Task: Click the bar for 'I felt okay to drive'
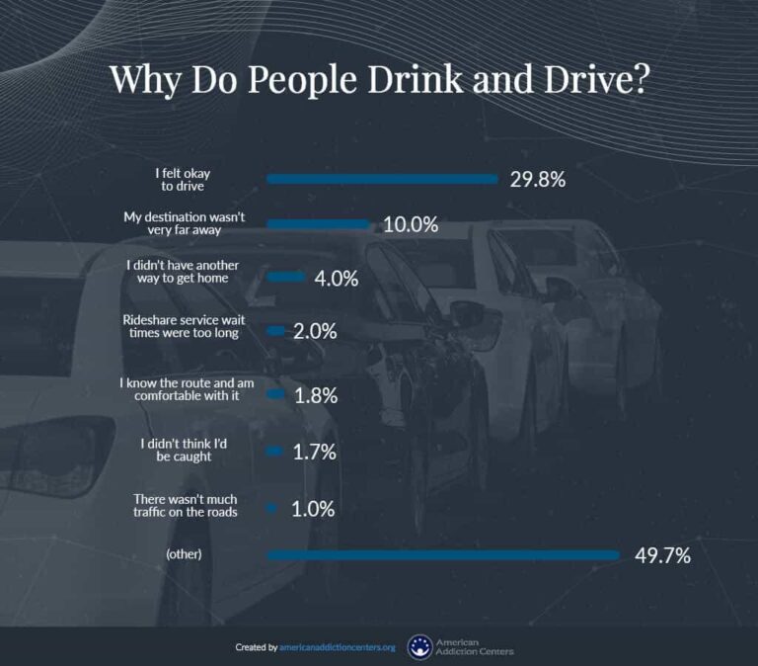click(x=382, y=179)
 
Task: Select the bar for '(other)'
click(x=442, y=555)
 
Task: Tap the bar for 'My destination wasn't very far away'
click(x=318, y=224)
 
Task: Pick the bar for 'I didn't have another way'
click(x=285, y=278)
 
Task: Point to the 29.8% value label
click(x=538, y=179)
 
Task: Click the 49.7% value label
click(x=661, y=555)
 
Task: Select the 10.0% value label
click(x=410, y=224)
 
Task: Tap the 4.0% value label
click(x=336, y=279)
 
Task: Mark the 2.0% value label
click(x=316, y=331)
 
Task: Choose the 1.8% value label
click(x=316, y=395)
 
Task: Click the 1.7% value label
click(x=316, y=453)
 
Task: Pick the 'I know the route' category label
click(x=186, y=388)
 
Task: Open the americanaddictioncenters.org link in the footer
click(x=338, y=647)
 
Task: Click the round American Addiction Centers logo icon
click(x=419, y=647)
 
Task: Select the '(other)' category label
click(x=185, y=555)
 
